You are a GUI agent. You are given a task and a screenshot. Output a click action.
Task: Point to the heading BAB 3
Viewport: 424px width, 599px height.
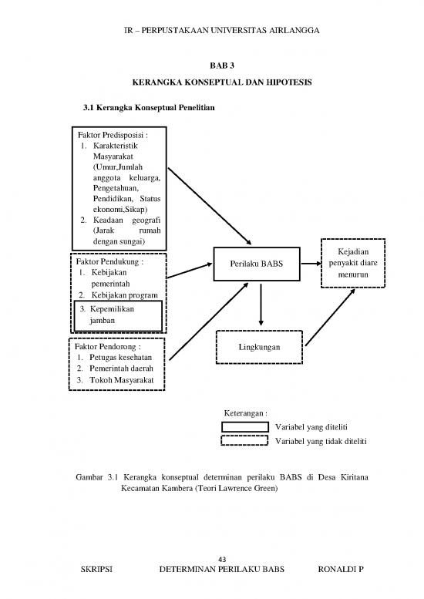[x=222, y=66]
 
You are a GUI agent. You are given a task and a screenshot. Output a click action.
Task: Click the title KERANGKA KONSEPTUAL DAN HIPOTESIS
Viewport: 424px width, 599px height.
[x=222, y=82]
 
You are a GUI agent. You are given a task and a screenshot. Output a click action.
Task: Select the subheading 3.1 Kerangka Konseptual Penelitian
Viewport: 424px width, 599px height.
[x=149, y=107]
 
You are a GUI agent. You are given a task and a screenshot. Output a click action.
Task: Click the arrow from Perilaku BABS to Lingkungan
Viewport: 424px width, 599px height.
[x=261, y=305]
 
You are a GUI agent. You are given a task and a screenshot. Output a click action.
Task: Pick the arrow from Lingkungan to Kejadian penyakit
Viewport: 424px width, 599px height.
[x=331, y=317]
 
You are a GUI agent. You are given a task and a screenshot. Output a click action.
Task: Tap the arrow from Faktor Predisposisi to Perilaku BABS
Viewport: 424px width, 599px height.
[x=210, y=207]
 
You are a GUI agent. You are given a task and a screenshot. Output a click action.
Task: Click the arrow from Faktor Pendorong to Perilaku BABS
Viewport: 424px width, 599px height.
[x=209, y=321]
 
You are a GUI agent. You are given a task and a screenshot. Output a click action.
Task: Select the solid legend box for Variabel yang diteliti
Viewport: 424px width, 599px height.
[x=245, y=427]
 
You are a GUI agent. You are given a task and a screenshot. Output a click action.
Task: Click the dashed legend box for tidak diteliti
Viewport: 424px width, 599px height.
[x=244, y=440]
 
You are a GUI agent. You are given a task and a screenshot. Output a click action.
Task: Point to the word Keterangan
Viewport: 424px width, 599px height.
[x=244, y=413]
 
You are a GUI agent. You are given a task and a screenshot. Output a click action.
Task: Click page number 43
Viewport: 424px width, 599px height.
[x=222, y=559]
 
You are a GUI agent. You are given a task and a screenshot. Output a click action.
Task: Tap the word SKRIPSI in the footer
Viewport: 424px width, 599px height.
[x=96, y=569]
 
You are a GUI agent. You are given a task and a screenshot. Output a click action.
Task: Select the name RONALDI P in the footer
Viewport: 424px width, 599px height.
[x=341, y=569]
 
